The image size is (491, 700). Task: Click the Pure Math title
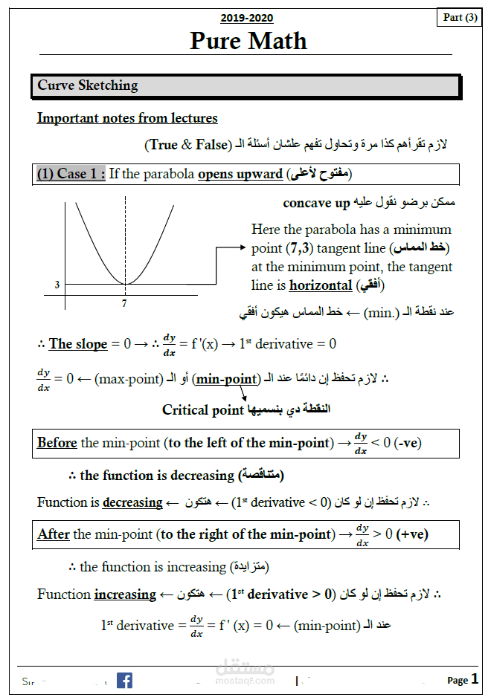[x=248, y=40]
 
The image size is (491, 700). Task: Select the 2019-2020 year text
[x=246, y=18]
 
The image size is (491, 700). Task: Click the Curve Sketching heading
[x=88, y=85]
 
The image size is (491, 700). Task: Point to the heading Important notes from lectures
[x=127, y=118]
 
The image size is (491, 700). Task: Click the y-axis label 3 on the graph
[x=57, y=285]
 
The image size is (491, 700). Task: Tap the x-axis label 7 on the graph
[x=124, y=304]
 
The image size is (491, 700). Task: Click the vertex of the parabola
[x=125, y=284]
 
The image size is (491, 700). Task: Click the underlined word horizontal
[x=320, y=285]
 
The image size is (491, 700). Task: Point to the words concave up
[x=316, y=203]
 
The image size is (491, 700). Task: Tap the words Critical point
[x=203, y=409]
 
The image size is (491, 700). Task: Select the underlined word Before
[x=57, y=443]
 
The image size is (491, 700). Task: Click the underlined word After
[x=54, y=534]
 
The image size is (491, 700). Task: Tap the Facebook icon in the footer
[x=124, y=680]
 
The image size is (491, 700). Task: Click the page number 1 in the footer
[x=475, y=678]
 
